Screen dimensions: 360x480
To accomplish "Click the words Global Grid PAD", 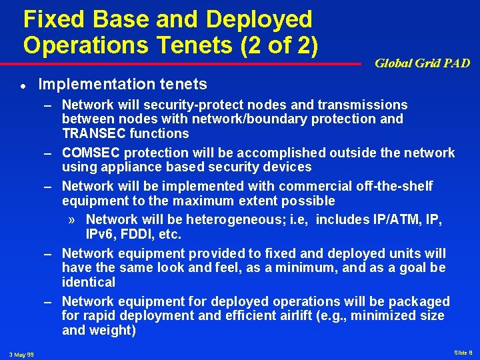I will [x=422, y=63].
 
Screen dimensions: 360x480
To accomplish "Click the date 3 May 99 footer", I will [x=22, y=354].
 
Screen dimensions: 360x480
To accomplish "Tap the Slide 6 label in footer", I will [x=463, y=352].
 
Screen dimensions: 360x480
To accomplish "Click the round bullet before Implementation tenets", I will [x=22, y=85].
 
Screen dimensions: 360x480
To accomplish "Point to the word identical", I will [x=89, y=282].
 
